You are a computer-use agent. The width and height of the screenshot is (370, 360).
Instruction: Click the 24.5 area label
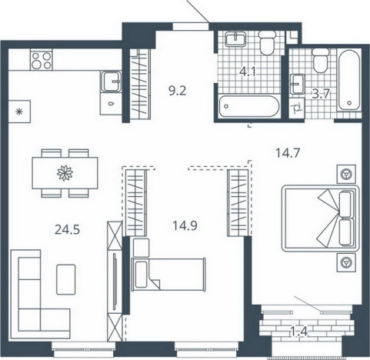68,230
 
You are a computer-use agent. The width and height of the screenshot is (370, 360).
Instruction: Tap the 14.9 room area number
185,226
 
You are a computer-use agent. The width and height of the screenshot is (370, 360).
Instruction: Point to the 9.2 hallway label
178,91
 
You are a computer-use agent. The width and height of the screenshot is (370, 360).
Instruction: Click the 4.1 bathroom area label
248,72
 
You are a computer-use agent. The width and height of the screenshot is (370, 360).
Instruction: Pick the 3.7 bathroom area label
320,95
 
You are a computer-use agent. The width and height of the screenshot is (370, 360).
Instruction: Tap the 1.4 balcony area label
299,332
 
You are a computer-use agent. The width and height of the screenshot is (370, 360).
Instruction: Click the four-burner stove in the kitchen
42,61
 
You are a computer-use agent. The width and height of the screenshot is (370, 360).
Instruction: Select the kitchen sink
111,82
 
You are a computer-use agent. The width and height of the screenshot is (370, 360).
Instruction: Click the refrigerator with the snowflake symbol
19,112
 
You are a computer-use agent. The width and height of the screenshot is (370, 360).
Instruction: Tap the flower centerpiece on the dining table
65,173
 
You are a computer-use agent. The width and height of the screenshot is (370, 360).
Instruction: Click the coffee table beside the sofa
66,279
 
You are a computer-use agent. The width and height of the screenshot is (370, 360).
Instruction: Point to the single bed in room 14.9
168,274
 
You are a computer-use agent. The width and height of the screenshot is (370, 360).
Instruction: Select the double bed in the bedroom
320,218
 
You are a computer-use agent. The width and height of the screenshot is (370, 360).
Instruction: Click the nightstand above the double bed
346,174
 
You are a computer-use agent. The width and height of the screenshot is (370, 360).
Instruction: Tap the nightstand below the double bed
346,262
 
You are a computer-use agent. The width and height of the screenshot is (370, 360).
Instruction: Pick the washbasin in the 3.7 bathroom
298,84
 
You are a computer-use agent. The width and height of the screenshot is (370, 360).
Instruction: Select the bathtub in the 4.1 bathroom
248,106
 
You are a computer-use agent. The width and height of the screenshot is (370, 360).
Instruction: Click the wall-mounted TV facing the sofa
115,282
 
